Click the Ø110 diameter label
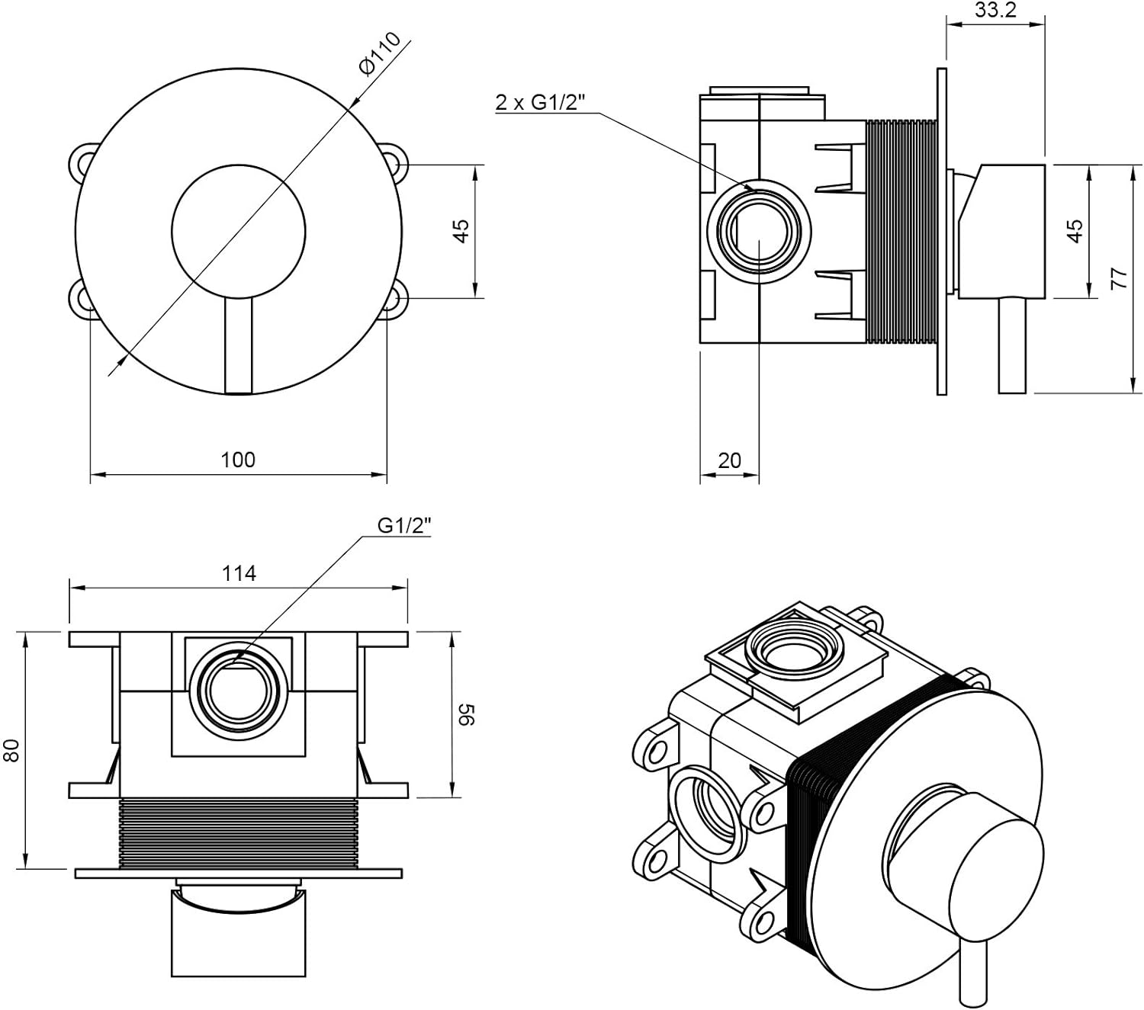[x=378, y=54]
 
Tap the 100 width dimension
[x=238, y=460]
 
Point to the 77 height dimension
[x=1119, y=278]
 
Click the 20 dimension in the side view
[x=729, y=460]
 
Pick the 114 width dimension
[x=239, y=573]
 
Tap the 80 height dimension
[x=11, y=751]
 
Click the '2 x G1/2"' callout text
[x=539, y=102]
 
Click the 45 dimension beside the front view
[x=461, y=230]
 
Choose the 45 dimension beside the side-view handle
[x=1074, y=230]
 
